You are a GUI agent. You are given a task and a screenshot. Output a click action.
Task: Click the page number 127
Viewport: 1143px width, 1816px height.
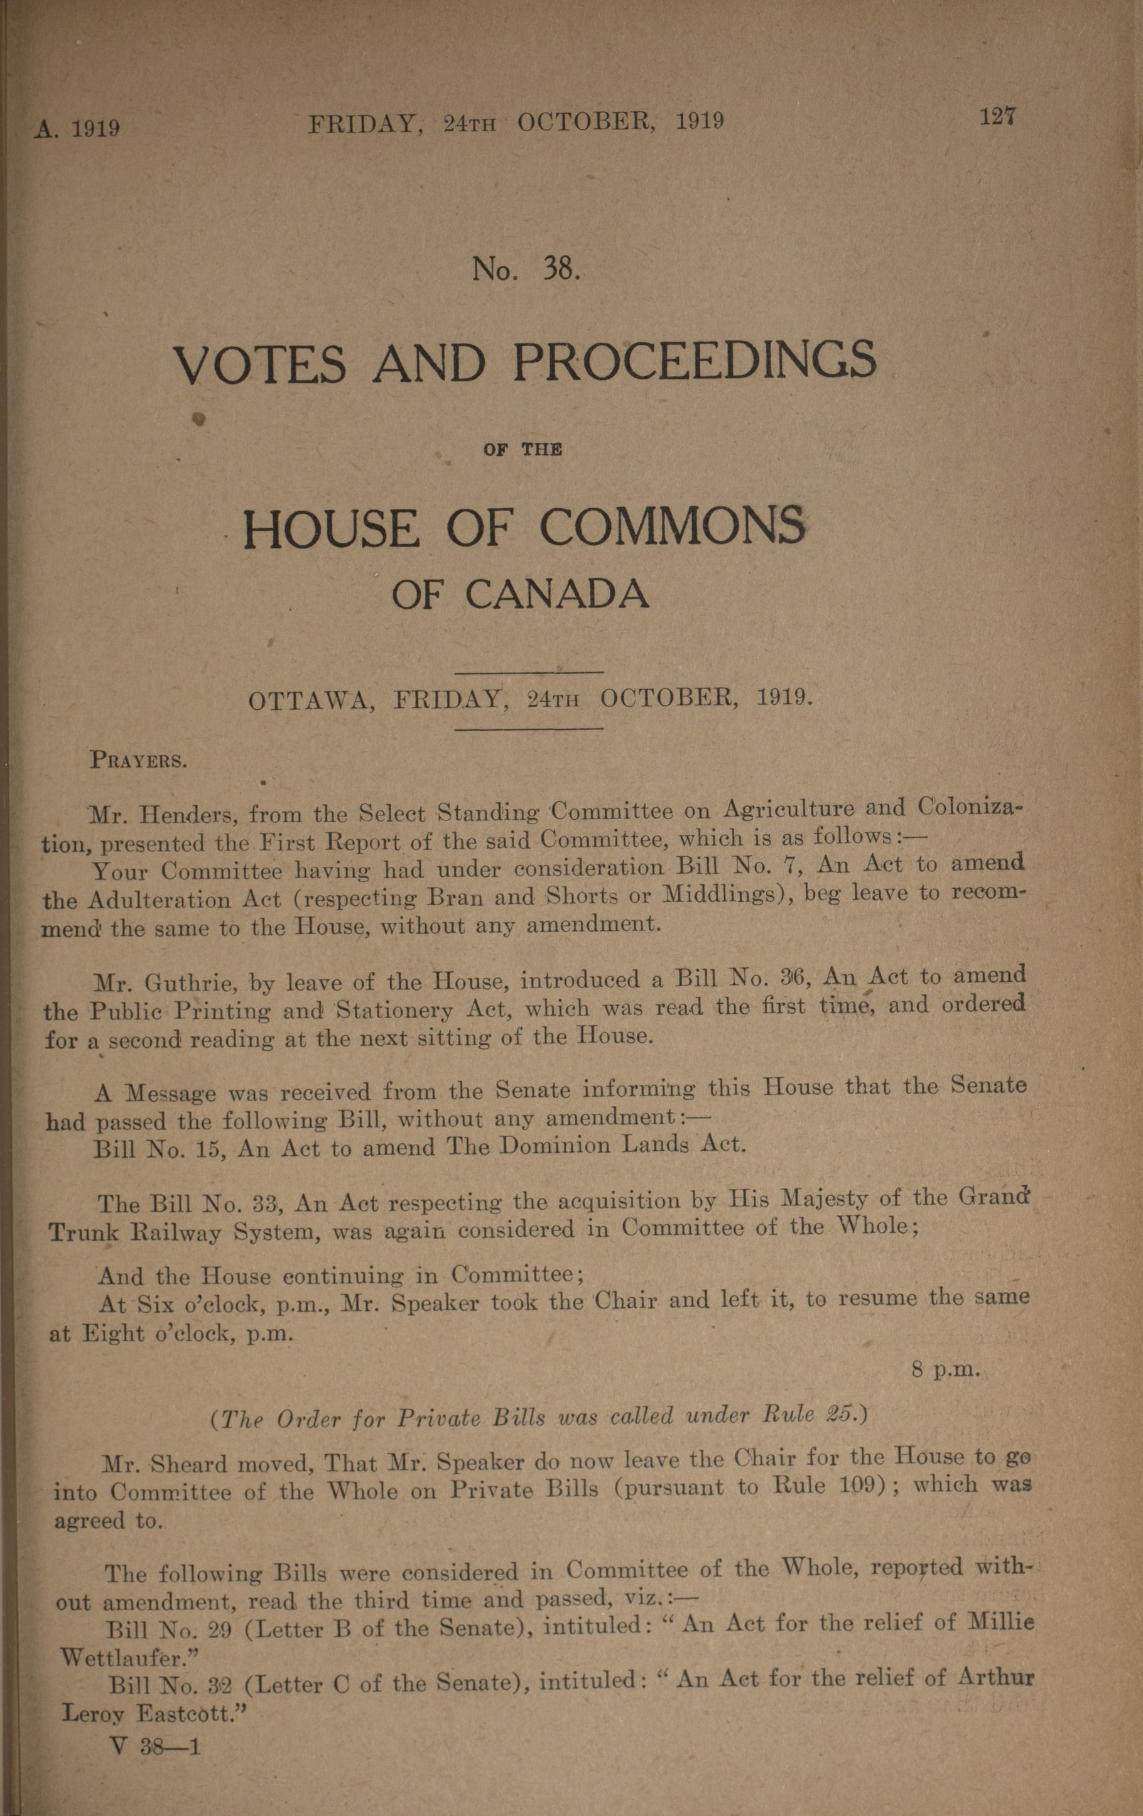(x=998, y=117)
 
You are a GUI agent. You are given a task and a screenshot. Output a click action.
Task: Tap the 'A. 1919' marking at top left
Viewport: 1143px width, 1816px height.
(x=77, y=128)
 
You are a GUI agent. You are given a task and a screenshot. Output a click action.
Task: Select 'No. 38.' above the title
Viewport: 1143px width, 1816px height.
(x=526, y=268)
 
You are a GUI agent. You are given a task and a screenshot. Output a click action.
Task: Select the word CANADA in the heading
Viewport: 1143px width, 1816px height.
(x=556, y=594)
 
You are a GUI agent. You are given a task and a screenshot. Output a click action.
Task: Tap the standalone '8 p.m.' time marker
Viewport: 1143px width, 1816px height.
(x=945, y=1369)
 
